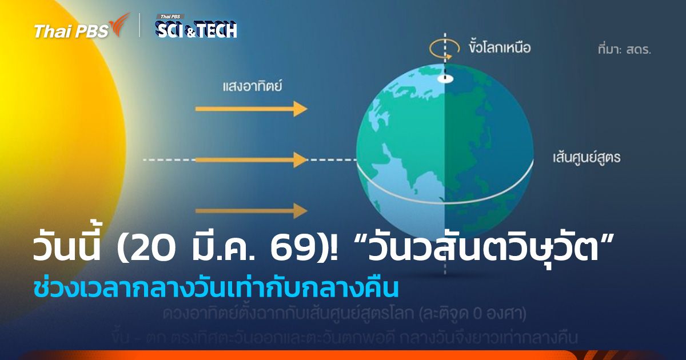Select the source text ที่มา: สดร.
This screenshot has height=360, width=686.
pyautogui.click(x=624, y=49)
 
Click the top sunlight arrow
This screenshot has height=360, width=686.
pyautogui.click(x=252, y=108)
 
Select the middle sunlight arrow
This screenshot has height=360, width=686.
pyautogui.click(x=252, y=159)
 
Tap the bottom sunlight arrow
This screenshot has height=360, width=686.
pyautogui.click(x=252, y=211)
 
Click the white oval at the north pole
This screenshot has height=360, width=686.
pyautogui.click(x=445, y=79)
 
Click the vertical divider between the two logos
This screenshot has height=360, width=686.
pyautogui.click(x=140, y=26)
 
